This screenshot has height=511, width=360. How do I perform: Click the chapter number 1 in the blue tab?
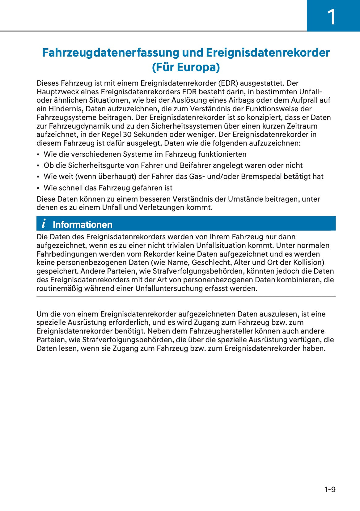coord(331,17)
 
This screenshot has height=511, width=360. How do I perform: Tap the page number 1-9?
coord(330,489)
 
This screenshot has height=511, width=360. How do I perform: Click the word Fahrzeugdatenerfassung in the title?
coord(111,53)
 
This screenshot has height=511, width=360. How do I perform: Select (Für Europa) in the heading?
coord(186,67)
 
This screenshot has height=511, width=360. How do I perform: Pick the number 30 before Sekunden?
coord(127,134)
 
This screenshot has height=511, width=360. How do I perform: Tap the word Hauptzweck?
coord(57,92)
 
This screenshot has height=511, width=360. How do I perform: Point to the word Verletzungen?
coord(161,207)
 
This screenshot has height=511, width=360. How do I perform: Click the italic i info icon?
coord(44,223)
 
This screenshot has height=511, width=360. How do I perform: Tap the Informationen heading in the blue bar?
coord(83,224)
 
